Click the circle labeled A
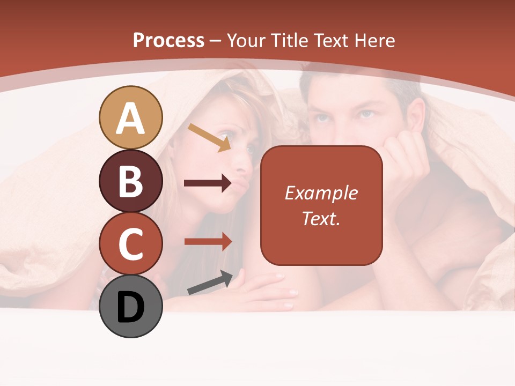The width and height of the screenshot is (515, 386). [130, 117]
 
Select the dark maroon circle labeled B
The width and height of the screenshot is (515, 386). [130, 181]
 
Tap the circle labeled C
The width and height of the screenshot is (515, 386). [130, 243]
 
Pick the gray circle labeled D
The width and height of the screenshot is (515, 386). [130, 306]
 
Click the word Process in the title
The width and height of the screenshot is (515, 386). [168, 40]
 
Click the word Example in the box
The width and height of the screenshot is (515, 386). [321, 193]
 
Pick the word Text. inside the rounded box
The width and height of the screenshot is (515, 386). [321, 218]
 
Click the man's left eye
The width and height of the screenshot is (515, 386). [366, 114]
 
